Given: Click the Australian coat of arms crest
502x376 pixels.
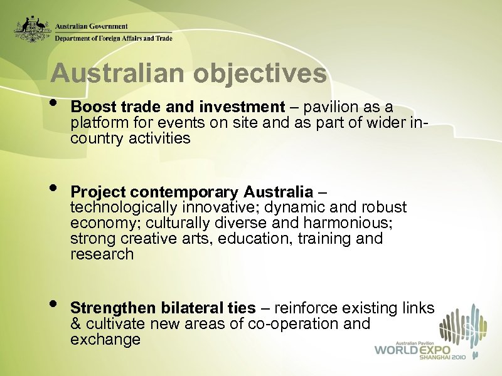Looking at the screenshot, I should click(33, 29).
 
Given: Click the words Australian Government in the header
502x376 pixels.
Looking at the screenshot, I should click(92, 26).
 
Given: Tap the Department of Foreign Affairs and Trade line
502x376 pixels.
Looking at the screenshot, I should click(113, 38).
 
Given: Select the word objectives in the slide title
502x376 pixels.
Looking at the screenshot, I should click(260, 73).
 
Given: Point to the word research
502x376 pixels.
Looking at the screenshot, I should click(102, 254).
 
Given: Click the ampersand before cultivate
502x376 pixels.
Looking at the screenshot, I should click(76, 324).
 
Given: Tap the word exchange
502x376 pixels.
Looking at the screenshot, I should click(105, 340).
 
